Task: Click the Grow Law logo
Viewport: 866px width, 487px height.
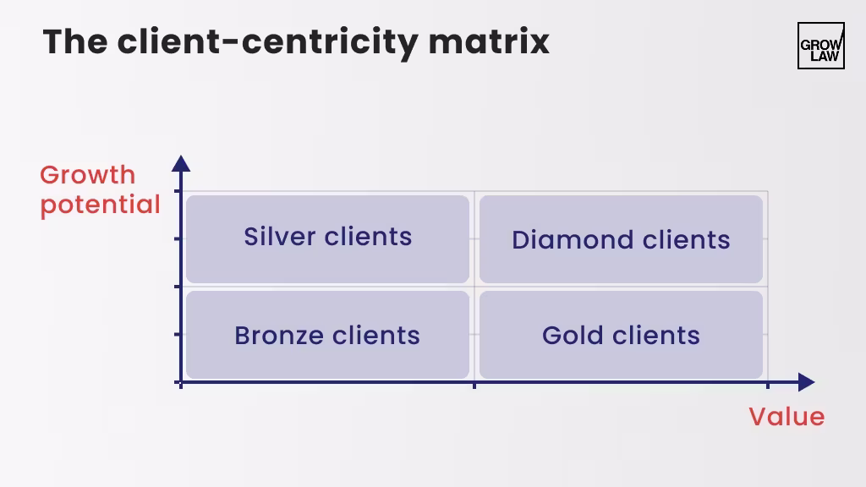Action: [x=820, y=46]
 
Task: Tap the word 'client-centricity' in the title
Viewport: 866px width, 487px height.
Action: [x=267, y=41]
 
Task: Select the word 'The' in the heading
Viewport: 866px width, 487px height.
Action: [x=75, y=41]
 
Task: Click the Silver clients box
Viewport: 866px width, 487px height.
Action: [x=327, y=239]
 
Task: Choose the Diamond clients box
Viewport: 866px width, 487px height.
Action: [x=621, y=239]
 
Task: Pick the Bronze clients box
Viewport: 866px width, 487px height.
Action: [x=327, y=335]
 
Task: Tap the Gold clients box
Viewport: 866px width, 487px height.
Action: [x=621, y=335]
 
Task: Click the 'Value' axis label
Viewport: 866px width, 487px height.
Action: [x=787, y=416]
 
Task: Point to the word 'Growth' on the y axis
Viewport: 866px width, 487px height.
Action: [x=87, y=175]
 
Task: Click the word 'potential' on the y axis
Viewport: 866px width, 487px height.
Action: [x=100, y=205]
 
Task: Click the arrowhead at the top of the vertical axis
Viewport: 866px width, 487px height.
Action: [x=181, y=163]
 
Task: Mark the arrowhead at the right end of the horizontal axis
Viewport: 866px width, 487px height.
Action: [x=806, y=383]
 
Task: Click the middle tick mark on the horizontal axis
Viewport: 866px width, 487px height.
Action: [x=474, y=385]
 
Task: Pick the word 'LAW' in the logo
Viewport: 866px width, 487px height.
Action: [x=820, y=57]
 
